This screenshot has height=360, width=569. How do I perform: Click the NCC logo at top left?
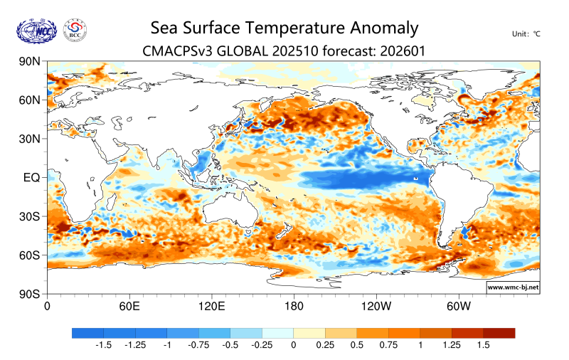(x=36, y=30)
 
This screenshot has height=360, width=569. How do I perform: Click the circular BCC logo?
(x=75, y=30)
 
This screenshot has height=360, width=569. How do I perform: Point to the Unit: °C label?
(x=526, y=33)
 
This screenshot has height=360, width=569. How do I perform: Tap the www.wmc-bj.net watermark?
(x=512, y=287)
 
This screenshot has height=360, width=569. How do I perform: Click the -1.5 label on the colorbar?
(x=103, y=344)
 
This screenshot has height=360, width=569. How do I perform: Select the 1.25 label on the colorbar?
(x=452, y=344)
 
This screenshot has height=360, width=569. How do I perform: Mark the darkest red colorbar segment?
(x=499, y=332)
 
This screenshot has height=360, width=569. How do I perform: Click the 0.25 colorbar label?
(x=324, y=344)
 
